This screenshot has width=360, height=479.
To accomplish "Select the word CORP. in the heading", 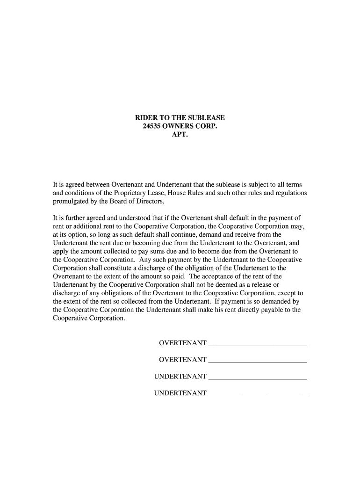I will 207,127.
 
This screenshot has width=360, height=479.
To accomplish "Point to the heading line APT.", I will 180,136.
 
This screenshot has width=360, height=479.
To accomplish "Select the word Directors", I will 149,201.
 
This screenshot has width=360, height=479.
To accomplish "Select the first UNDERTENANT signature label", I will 180,377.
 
